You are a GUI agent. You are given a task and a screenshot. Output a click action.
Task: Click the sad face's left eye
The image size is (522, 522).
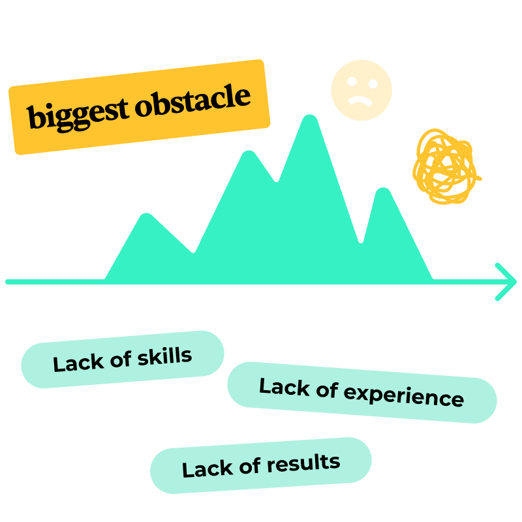pos(352,83)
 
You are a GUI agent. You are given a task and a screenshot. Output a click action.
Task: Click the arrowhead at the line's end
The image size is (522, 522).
pos(506,282)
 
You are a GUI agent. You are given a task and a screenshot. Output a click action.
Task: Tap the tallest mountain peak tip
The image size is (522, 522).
pos(309,119)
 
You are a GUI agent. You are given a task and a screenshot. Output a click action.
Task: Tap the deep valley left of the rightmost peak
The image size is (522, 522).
pos(360,241)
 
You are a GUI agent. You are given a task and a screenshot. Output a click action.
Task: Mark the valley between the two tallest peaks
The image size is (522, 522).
pos(277,180)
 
